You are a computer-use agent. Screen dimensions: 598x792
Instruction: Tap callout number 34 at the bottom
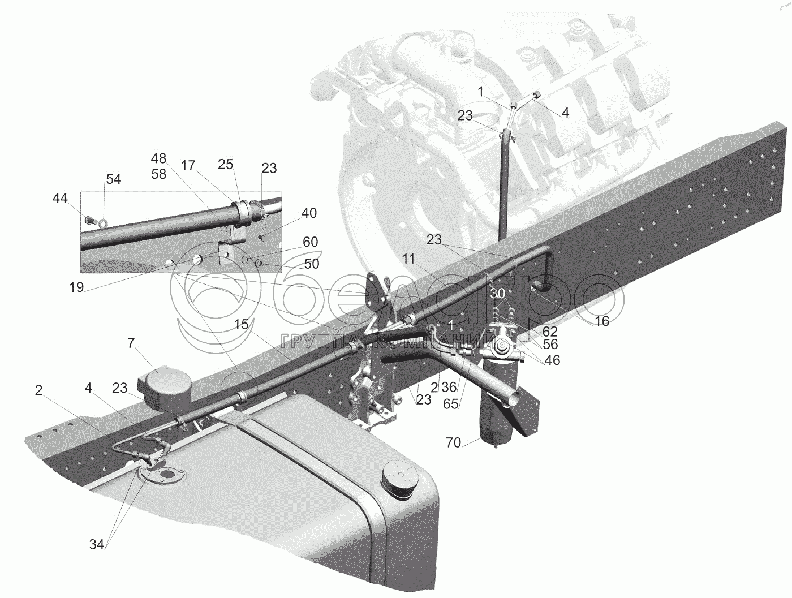(97, 544)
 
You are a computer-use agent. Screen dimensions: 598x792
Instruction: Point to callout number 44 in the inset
(59, 198)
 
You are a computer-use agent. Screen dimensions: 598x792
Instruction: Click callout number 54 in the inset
(113, 179)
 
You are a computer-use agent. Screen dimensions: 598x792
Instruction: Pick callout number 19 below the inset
(76, 287)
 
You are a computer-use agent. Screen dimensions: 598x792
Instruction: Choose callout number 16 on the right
(601, 321)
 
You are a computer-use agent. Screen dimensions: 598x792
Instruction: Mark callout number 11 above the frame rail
(409, 260)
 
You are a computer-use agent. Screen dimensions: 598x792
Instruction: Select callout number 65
(451, 405)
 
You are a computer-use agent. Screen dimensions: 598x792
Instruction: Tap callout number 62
(549, 332)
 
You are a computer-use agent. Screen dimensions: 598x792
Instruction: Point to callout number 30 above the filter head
(497, 294)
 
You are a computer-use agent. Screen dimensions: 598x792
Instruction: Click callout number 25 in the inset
(225, 165)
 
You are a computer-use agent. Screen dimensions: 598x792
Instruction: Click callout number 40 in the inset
(309, 213)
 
